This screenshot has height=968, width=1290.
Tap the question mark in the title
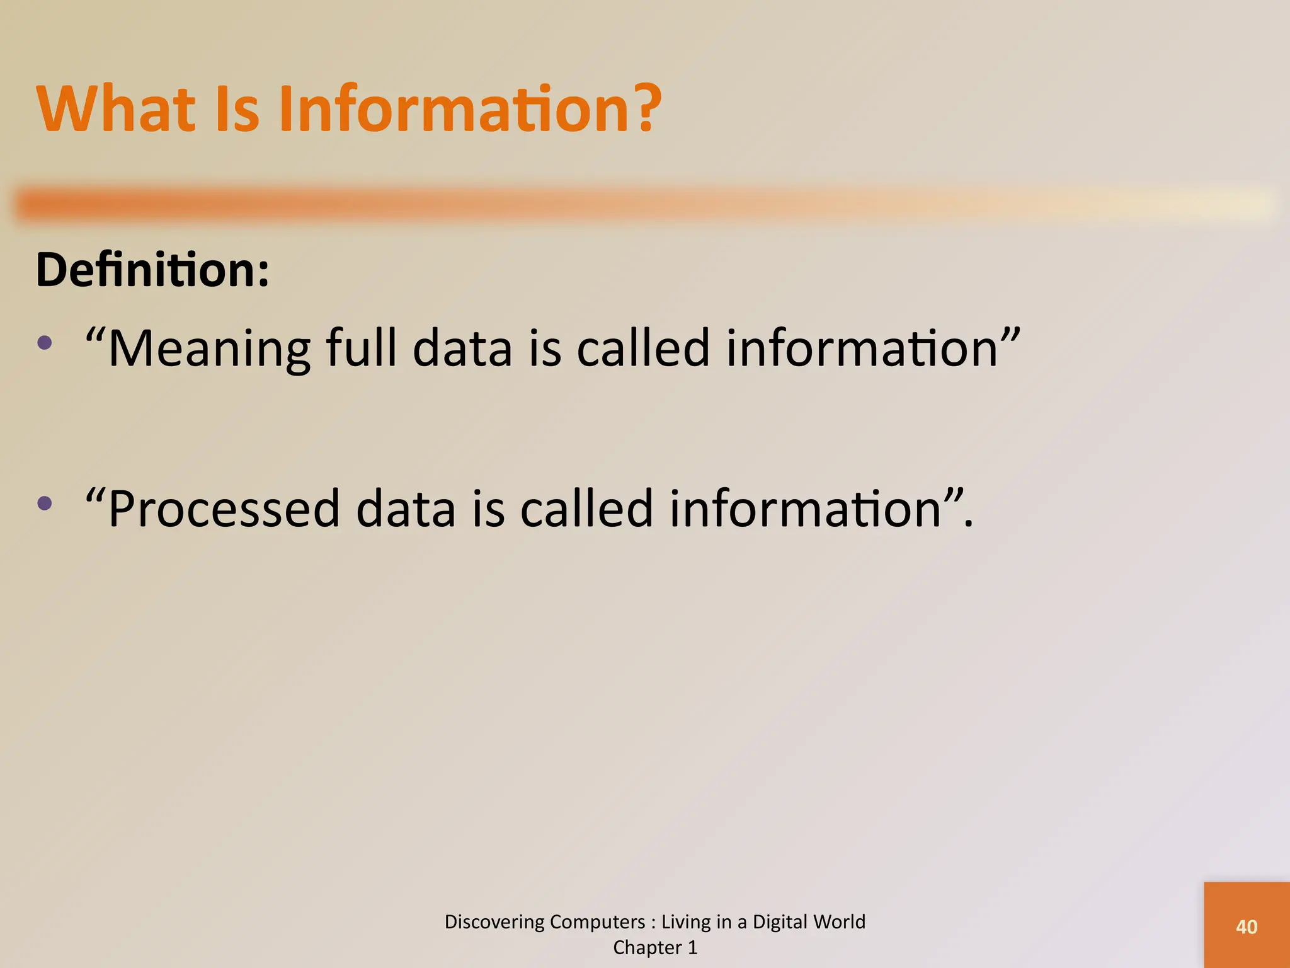(x=643, y=110)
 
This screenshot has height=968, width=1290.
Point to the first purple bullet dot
(x=45, y=343)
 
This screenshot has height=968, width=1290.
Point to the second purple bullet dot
(x=45, y=503)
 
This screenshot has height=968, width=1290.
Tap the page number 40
(x=1247, y=927)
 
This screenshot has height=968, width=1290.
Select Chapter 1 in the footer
(x=655, y=948)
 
